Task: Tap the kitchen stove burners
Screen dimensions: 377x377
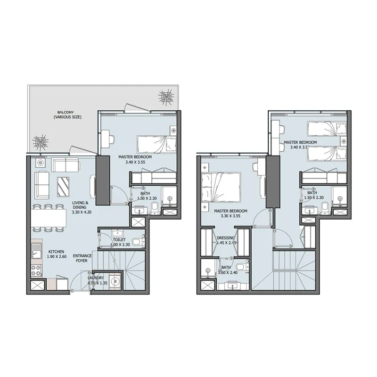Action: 36,272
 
